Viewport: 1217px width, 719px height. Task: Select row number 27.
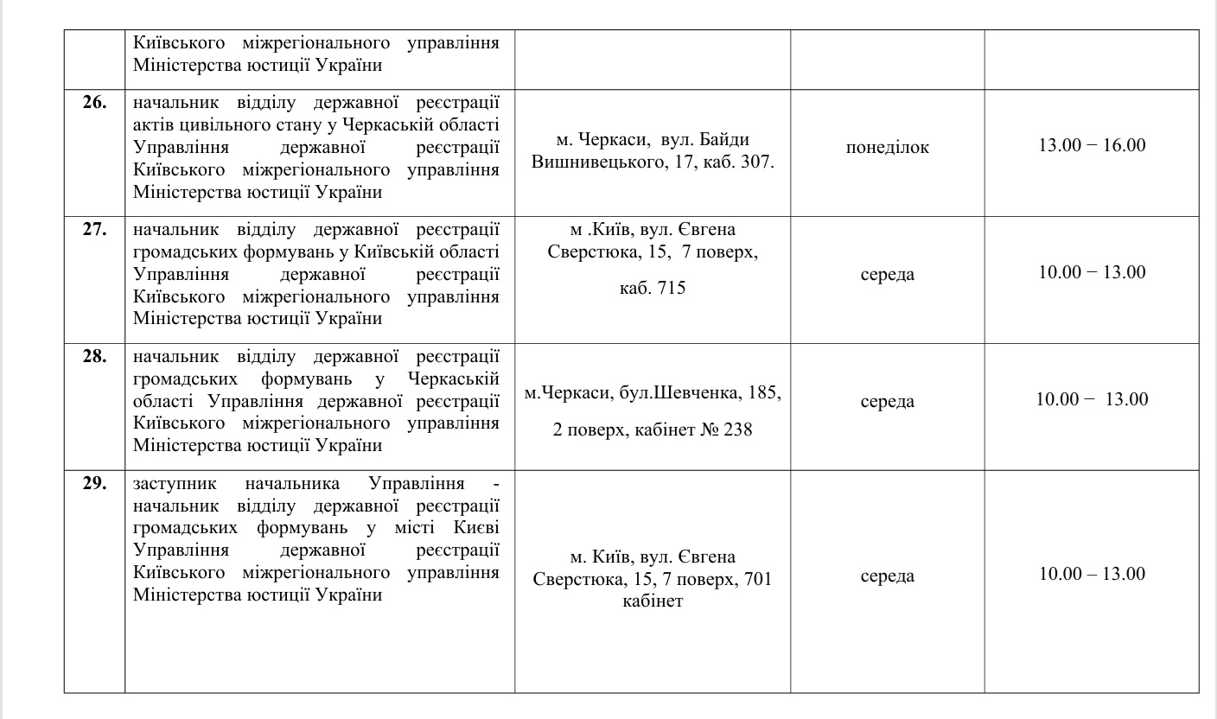tap(94, 230)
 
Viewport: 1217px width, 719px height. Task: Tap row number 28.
tap(94, 356)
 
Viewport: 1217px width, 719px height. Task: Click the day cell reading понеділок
tap(888, 147)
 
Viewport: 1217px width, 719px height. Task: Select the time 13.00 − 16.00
tap(1092, 145)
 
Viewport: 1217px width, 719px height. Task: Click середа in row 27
tap(888, 275)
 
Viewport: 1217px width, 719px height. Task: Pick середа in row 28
tap(888, 402)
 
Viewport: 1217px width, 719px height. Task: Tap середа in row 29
tap(888, 576)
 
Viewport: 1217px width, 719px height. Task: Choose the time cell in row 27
tap(1092, 272)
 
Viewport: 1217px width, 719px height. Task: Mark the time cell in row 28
tap(1092, 399)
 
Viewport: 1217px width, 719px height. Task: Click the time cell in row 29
tap(1092, 574)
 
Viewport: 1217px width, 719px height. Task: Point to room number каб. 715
tap(653, 288)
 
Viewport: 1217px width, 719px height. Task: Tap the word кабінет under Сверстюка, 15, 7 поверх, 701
tap(653, 601)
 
